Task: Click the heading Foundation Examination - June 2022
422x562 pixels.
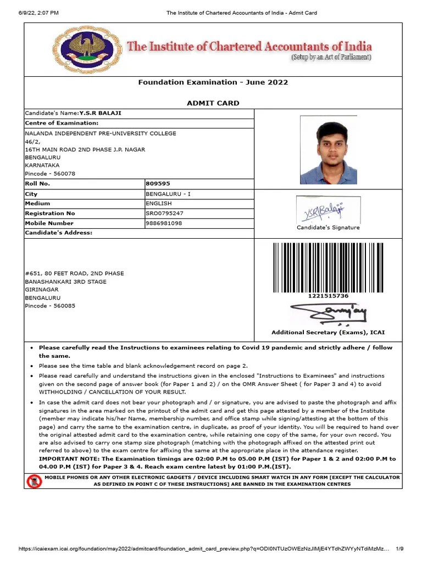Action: [213, 82]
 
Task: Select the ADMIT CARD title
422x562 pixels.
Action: [213, 103]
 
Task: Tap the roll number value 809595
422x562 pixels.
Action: [158, 184]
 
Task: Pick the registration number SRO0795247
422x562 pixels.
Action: [164, 213]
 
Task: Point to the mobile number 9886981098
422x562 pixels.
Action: [164, 223]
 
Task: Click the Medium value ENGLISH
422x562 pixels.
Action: [158, 204]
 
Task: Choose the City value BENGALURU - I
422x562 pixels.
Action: [168, 194]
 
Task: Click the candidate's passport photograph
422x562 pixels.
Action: [329, 150]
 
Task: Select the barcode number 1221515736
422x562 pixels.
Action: [328, 296]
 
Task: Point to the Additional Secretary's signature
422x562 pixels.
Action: [328, 314]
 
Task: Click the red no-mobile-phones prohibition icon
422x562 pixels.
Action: [34, 481]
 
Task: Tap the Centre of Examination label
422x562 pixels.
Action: [62, 123]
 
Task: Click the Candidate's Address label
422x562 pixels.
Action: [59, 233]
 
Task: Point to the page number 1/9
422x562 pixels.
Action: [399, 548]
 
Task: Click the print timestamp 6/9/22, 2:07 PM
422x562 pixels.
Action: [38, 13]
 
